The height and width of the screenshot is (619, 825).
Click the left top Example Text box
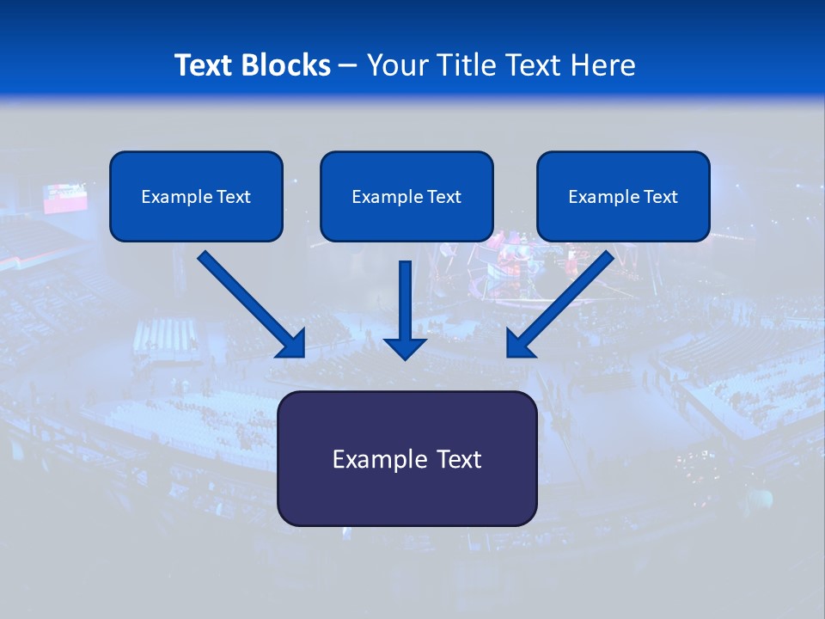[x=196, y=196]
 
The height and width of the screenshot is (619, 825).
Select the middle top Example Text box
[x=406, y=196]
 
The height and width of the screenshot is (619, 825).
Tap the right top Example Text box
[x=623, y=196]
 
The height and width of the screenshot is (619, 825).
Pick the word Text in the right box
[x=661, y=197]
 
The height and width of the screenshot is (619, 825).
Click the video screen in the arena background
[x=65, y=198]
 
